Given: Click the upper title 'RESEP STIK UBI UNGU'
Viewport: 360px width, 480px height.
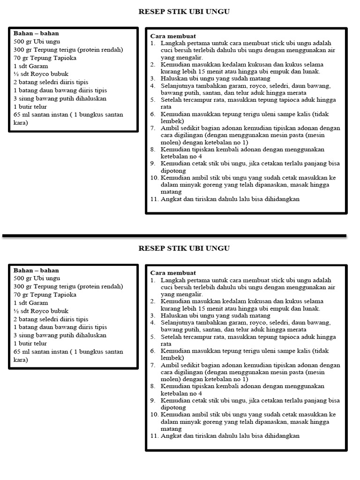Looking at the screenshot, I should (184, 12).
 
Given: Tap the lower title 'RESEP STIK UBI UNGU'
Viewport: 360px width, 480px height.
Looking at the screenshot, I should (184, 248).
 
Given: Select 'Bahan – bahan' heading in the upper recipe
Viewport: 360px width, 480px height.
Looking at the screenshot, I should (36, 34).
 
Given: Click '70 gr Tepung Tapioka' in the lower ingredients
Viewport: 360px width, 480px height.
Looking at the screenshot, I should (45, 295).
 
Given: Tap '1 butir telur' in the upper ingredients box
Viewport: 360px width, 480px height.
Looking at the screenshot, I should (31, 106).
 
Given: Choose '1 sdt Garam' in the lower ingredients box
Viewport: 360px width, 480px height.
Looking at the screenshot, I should (31, 303).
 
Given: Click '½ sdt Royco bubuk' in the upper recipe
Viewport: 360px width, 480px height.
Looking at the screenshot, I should (41, 74).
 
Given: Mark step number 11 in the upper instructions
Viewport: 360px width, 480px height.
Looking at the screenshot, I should (154, 199).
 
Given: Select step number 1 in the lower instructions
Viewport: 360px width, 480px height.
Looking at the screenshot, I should (152, 280).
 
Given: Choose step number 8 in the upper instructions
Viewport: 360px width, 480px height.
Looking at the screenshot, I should (152, 150).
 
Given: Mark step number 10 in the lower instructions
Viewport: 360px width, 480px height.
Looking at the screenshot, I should (154, 414).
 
